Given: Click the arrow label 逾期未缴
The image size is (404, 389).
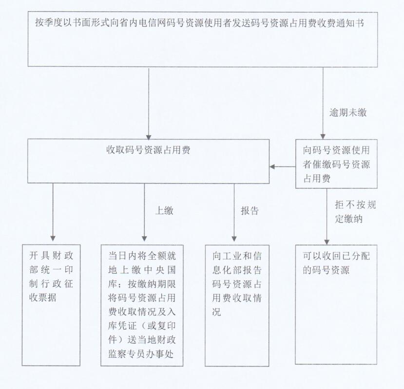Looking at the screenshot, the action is (347, 113).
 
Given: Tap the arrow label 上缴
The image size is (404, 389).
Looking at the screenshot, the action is (164, 211).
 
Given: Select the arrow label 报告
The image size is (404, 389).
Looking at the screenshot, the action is (250, 211).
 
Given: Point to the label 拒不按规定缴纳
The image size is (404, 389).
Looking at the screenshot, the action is (356, 212).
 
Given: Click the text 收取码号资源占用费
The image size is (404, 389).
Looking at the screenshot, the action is (149, 150).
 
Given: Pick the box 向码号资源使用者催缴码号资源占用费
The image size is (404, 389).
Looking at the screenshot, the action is (336, 164).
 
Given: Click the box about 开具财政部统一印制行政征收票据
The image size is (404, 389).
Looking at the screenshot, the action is (51, 305).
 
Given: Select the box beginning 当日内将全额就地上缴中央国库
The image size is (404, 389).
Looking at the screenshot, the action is (142, 306).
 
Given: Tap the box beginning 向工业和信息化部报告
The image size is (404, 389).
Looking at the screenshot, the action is (237, 306).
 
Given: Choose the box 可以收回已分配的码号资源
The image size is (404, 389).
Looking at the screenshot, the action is (336, 305).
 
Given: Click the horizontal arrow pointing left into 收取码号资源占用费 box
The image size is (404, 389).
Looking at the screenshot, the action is (282, 166).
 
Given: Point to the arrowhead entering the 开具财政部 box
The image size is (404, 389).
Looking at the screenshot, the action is (53, 238).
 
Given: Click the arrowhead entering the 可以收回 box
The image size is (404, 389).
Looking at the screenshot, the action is (327, 242).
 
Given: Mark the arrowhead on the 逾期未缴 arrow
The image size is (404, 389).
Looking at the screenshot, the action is (323, 137).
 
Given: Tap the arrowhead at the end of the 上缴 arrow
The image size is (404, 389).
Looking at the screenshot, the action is (144, 238).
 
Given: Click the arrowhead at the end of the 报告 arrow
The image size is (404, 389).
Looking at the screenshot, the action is (234, 238).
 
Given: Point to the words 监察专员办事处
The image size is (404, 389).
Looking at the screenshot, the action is (141, 354).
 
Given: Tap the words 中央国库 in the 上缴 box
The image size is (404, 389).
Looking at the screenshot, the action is (160, 270).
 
